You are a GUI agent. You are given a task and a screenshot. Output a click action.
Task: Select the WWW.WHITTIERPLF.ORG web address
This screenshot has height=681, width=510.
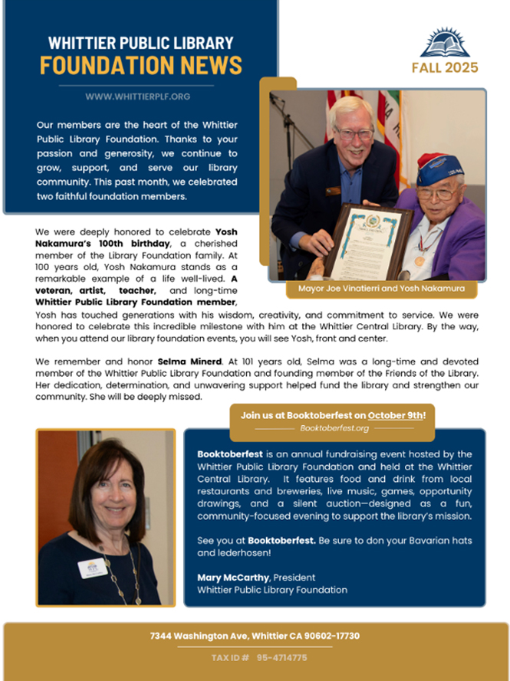tap(138, 97)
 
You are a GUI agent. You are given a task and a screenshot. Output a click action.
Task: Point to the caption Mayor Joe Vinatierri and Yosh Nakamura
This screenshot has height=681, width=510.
tap(381, 289)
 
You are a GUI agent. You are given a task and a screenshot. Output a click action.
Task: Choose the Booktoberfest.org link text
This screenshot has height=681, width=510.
tap(334, 428)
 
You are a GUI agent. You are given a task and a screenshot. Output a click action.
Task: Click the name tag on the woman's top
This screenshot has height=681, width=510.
tap(92, 568)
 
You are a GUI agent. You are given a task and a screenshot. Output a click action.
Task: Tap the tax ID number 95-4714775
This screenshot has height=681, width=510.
tap(281, 657)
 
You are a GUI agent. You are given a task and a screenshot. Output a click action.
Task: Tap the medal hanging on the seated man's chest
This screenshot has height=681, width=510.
tap(420, 261)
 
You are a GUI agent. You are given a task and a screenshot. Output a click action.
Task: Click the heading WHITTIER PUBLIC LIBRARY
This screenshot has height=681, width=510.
tap(140, 43)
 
